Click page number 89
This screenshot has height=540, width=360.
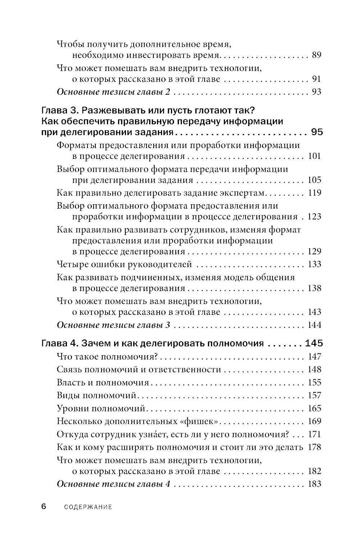click(316, 55)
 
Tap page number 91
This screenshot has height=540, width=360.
click(316, 79)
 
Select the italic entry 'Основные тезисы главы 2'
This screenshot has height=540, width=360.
click(113, 92)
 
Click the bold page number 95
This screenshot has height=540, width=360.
click(317, 132)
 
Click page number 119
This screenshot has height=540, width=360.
click(314, 193)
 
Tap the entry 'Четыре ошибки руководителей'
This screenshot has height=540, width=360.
click(124, 264)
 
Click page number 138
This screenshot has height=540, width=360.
click(314, 288)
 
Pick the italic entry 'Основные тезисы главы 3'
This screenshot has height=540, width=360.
click(113, 325)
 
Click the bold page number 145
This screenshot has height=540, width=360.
click(314, 343)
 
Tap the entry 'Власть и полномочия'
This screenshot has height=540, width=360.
click(103, 383)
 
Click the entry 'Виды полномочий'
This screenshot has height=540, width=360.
click(96, 396)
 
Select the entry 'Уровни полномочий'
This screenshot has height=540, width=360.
click(101, 409)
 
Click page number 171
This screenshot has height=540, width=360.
click(314, 434)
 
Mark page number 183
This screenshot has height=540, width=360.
click(314, 484)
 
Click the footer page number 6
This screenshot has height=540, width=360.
click(44, 506)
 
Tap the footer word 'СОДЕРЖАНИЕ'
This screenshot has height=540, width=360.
click(88, 507)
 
